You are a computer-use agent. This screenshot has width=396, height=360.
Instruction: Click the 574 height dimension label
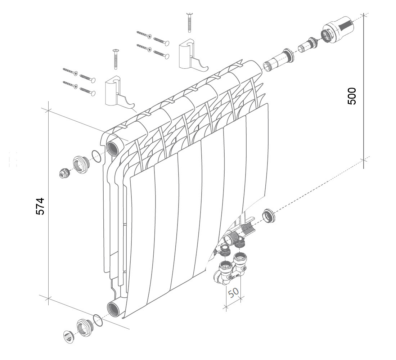(x=40, y=206)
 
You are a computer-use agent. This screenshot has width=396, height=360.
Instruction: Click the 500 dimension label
(x=352, y=96)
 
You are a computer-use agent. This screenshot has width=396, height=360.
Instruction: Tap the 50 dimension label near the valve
(x=233, y=293)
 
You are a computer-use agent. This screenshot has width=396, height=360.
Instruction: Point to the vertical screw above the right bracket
(x=189, y=23)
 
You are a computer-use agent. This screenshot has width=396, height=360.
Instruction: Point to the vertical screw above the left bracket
(x=116, y=59)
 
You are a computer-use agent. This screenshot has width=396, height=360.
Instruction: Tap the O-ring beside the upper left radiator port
(x=96, y=157)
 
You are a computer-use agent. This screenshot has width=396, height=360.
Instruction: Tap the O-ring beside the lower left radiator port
(x=98, y=320)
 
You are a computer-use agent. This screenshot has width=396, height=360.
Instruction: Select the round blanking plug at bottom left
(x=68, y=337)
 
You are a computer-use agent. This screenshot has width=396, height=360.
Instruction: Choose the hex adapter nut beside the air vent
(x=81, y=165)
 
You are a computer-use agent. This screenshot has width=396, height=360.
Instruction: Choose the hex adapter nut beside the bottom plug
(x=85, y=328)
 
